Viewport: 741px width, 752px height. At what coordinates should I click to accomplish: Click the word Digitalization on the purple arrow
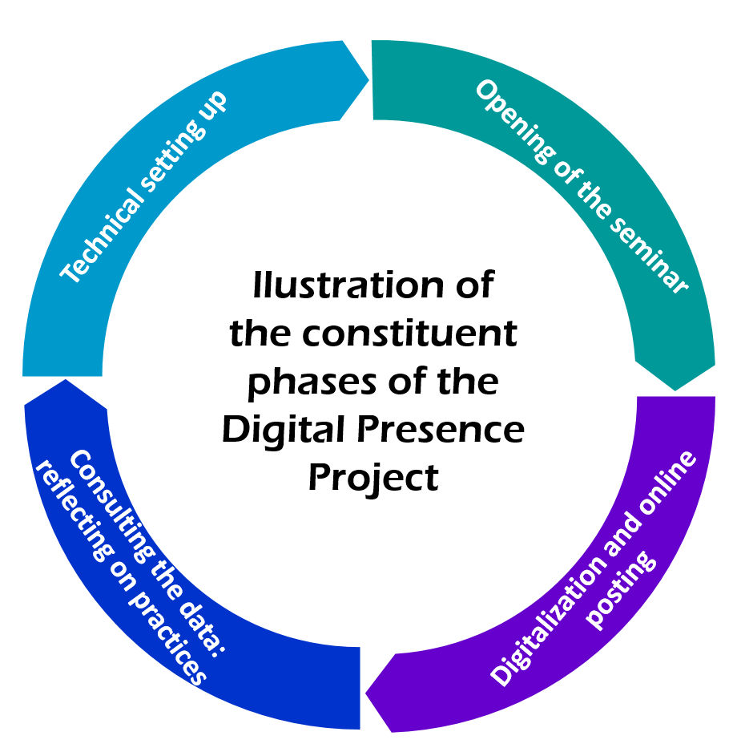coord(549,622)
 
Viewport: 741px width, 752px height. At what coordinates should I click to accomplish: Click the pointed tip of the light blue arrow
coord(368,79)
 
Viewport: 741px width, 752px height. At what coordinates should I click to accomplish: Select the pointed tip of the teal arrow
coord(675,390)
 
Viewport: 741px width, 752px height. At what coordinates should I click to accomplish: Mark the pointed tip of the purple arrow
coord(366,693)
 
